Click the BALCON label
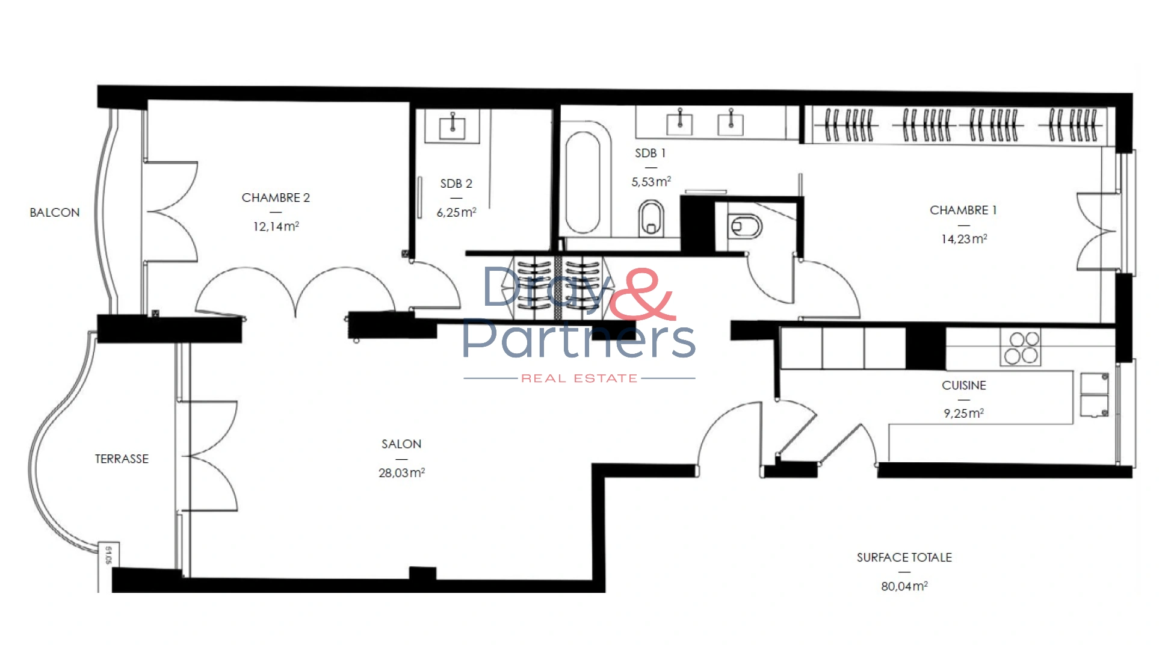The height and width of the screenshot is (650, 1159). (x=55, y=212)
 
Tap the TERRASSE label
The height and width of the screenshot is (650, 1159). (x=122, y=459)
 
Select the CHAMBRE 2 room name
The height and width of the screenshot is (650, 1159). (x=276, y=197)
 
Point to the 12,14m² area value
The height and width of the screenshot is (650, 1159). (x=276, y=226)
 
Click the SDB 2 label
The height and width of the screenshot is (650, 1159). (x=456, y=184)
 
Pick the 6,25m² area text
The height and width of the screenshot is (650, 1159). (x=456, y=212)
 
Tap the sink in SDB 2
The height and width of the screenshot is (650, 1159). (x=452, y=126)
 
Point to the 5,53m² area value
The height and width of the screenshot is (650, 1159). (x=651, y=181)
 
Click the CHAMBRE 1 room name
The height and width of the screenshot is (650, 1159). (x=963, y=210)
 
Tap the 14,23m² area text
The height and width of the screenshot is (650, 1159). (x=963, y=239)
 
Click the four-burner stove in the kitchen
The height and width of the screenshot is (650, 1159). (x=1021, y=347)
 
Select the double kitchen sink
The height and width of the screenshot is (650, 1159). (x=1094, y=395)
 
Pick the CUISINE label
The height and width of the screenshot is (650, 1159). (x=963, y=385)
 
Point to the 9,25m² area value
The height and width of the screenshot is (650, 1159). (x=963, y=413)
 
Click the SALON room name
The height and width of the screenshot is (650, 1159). (x=401, y=444)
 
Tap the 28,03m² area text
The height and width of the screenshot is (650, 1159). (x=401, y=473)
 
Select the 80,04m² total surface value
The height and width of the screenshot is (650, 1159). (x=904, y=586)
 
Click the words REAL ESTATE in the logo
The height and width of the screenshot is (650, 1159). (x=579, y=379)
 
